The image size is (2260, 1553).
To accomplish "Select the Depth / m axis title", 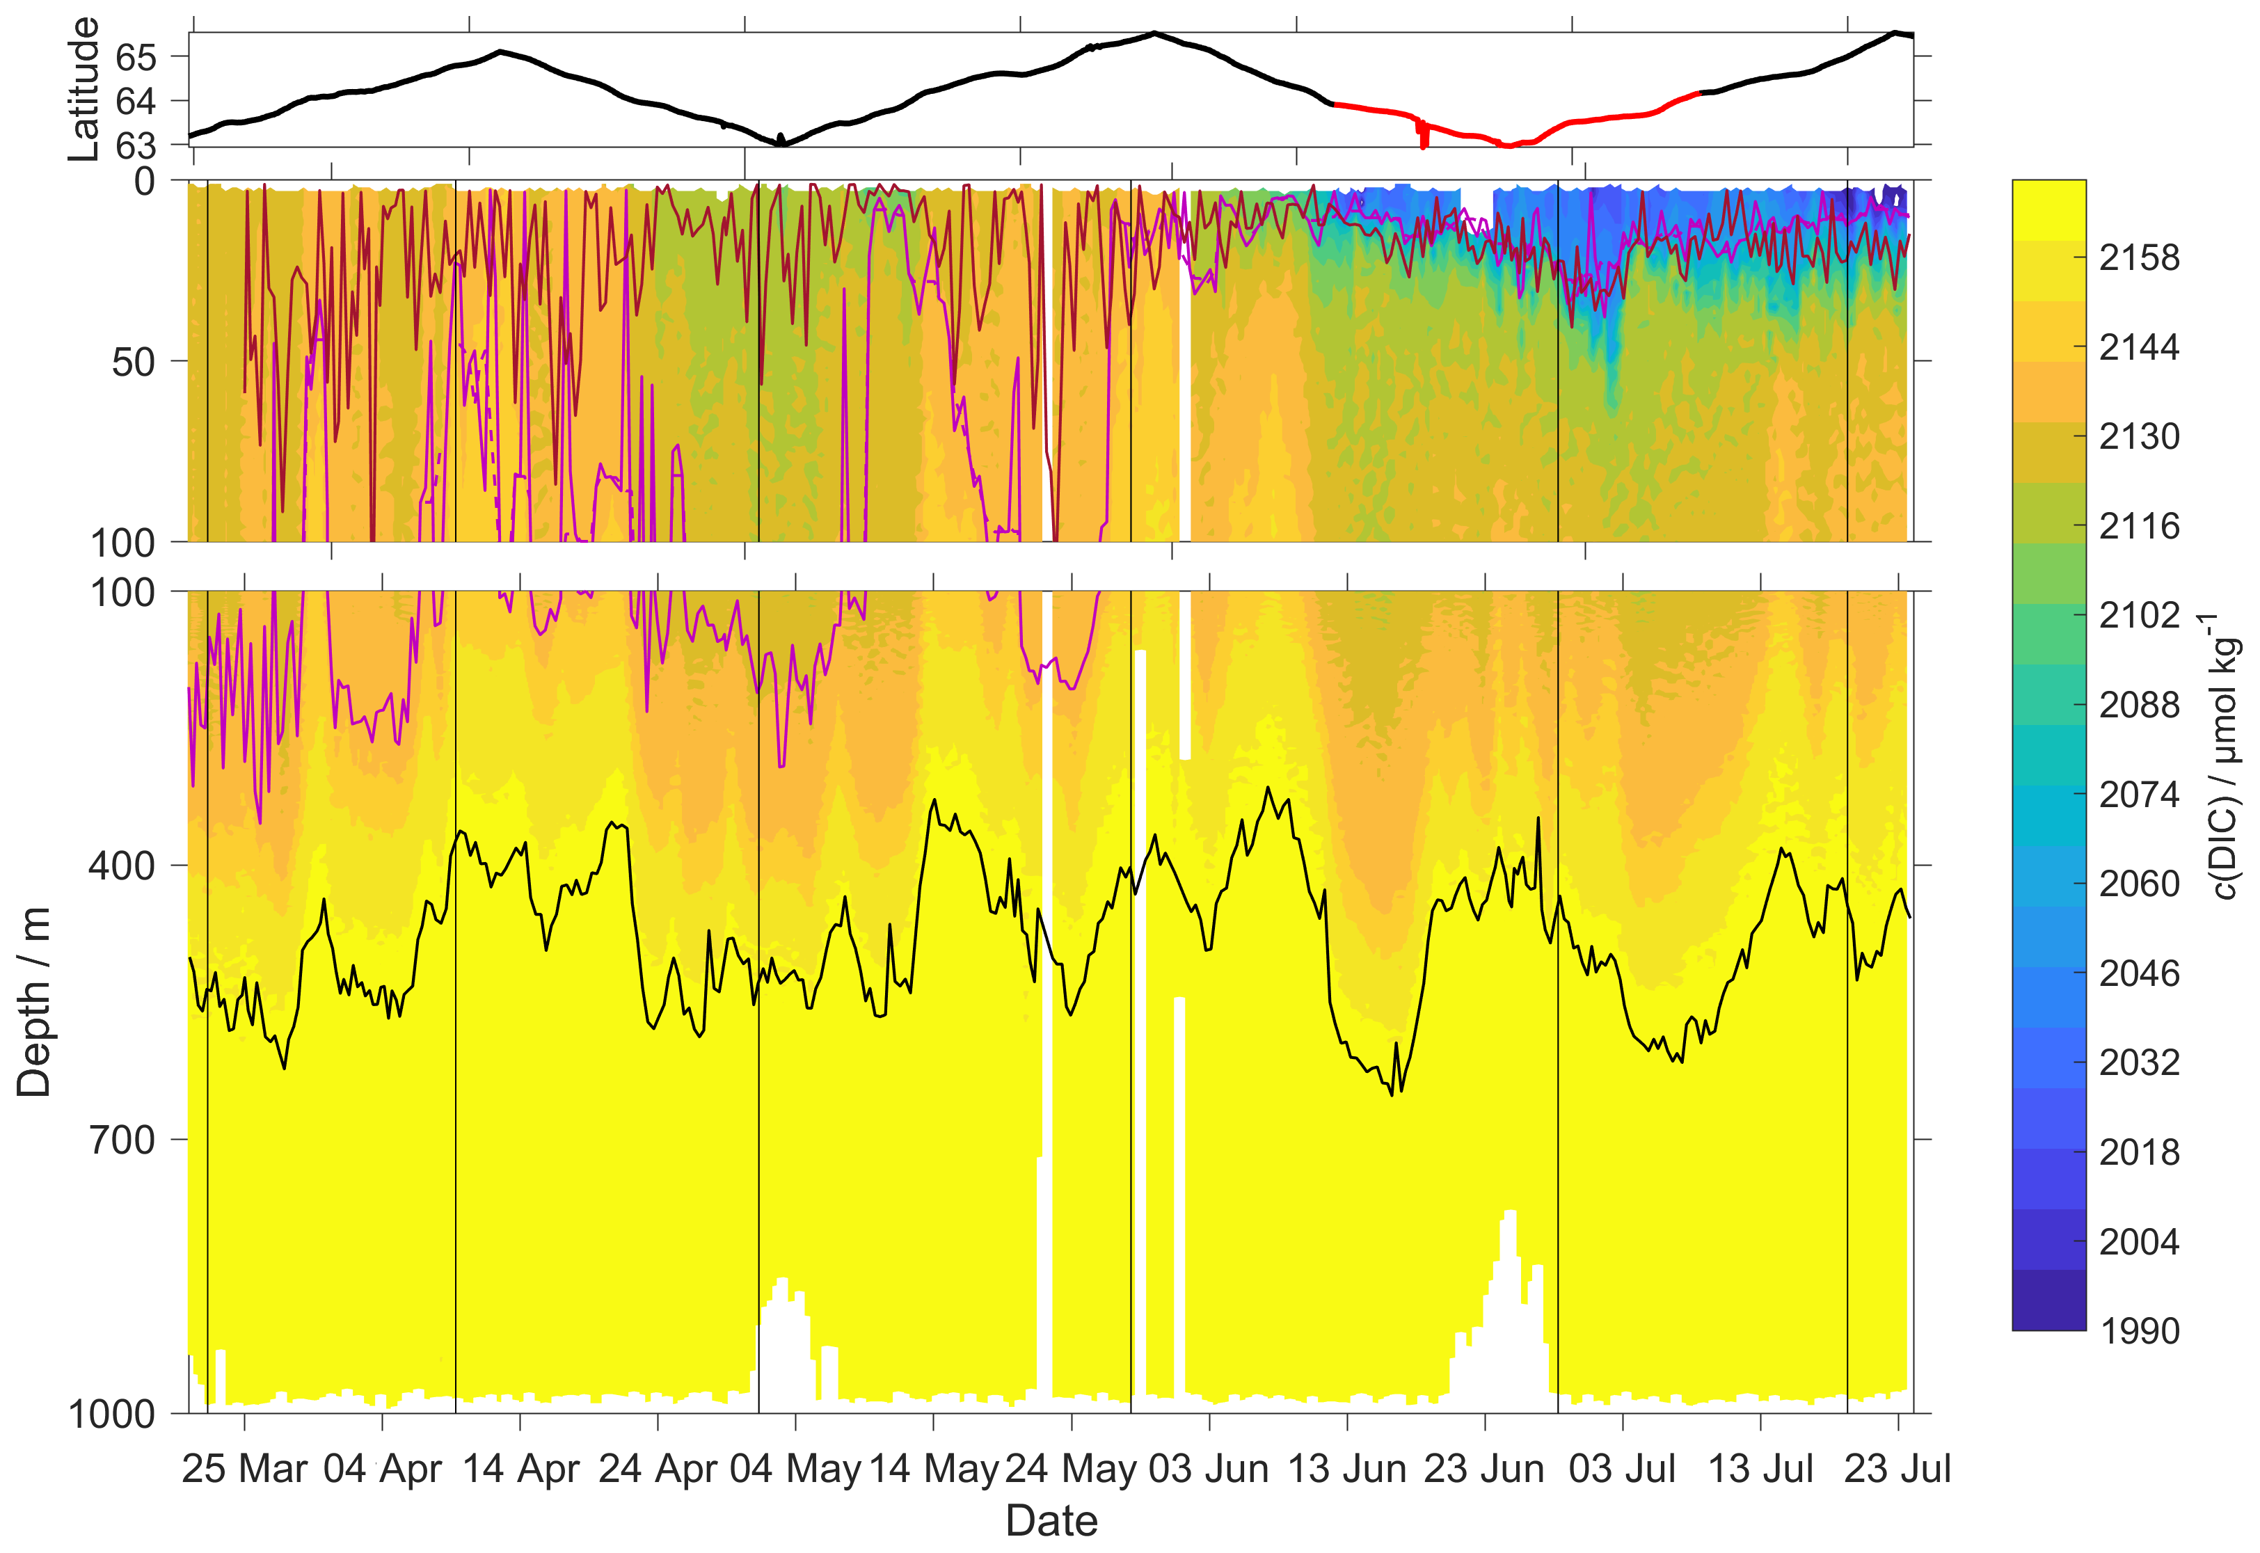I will coord(34,1001).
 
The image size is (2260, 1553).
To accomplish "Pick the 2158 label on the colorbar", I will coord(2138,258).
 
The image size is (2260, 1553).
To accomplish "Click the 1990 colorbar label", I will coord(2138,1330).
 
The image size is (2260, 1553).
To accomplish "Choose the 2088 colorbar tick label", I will coord(2138,705).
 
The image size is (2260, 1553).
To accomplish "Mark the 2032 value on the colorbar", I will coord(2138,1062).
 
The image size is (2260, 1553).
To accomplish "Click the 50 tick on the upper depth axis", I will coord(134,362).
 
